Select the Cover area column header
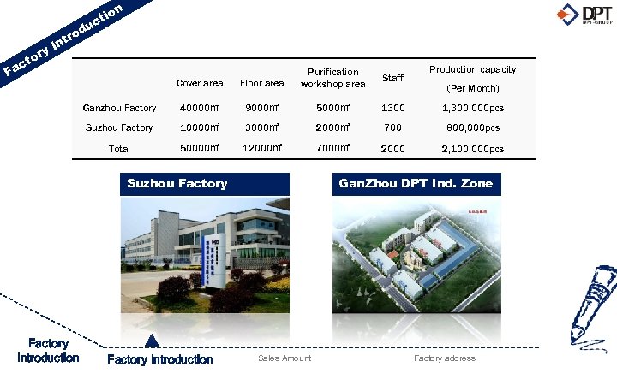[199, 83]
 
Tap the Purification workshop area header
[332, 78]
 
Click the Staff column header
[392, 78]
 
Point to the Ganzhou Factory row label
[119, 109]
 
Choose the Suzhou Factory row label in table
[119, 128]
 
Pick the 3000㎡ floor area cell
[261, 128]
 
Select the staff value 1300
[392, 109]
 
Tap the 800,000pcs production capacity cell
[472, 128]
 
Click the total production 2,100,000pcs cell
[472, 149]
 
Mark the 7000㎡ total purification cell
[332, 149]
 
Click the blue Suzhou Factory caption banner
[177, 183]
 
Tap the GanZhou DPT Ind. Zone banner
[416, 183]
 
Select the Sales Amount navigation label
[285, 358]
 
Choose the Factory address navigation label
[444, 358]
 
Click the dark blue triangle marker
[152, 341]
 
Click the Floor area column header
[261, 83]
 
